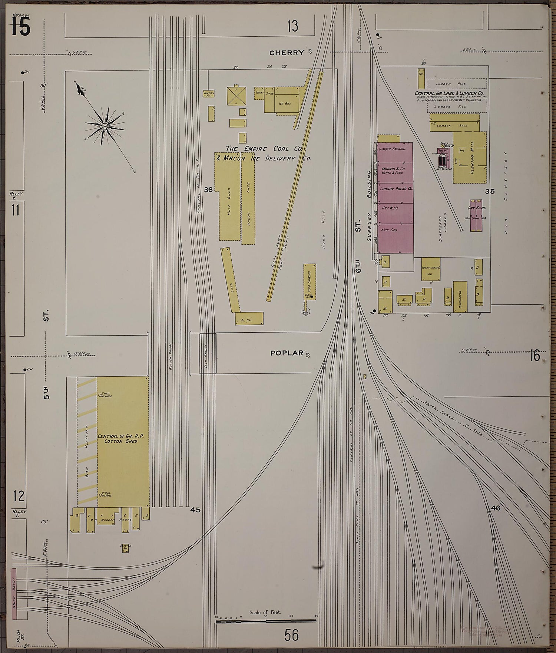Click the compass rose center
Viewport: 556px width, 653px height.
tap(105, 126)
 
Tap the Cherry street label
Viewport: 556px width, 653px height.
tap(287, 53)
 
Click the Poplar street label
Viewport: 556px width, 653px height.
tap(287, 353)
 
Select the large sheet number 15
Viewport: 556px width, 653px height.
tap(20, 27)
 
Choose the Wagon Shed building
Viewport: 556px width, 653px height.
tap(248, 203)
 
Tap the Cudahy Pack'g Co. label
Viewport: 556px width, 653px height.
tap(397, 189)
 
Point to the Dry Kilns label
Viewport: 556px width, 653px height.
tap(476, 208)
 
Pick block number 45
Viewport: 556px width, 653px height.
tap(195, 510)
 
